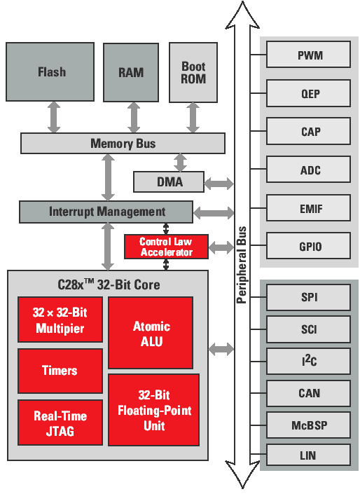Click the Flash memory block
pos(50,72)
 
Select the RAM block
pos(131,72)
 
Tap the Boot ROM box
pos(194,72)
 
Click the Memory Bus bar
pos(123,144)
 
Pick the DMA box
pos(169,181)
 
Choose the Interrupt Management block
pos(106,212)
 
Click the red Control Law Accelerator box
pos(166,246)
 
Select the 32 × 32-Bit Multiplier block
pos(60,320)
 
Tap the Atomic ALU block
pos(151,333)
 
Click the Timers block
pos(60,371)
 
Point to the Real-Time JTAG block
pos(60,423)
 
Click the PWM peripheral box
pos(309,55)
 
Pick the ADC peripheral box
pos(309,170)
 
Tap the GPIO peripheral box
pos(309,247)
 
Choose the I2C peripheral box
pos(309,362)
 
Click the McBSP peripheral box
pos(309,425)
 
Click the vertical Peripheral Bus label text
pos(242,265)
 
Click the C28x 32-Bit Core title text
pos(108,285)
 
